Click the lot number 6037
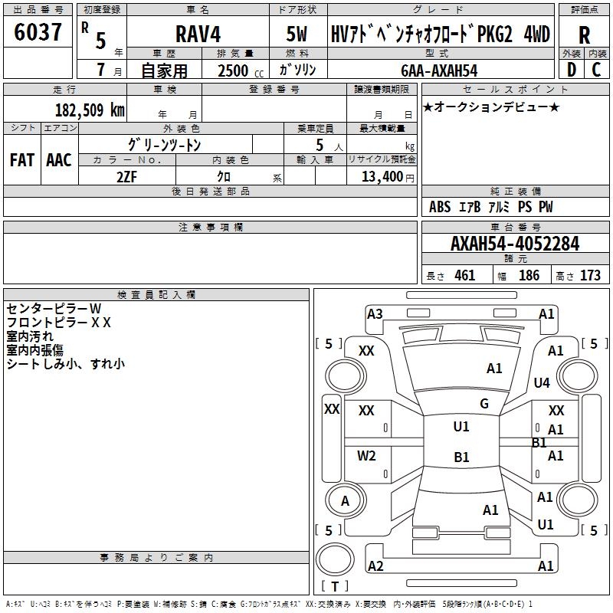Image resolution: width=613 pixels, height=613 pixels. coord(38,33)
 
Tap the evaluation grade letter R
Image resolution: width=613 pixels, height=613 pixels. coord(585,35)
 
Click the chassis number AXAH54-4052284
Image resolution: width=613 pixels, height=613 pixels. coord(514,244)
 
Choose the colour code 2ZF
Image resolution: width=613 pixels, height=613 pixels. coord(126,175)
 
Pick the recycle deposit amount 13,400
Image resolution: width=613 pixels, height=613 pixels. coord(382,175)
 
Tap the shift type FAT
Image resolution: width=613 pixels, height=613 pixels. coord(21,159)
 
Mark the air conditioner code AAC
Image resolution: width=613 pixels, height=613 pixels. coord(59,159)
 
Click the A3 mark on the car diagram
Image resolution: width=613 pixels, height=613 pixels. coord(375,313)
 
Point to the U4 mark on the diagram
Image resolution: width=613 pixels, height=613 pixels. coord(542,382)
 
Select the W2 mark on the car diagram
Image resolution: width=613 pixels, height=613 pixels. coord(367,456)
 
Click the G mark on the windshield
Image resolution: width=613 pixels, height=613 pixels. coord(484,404)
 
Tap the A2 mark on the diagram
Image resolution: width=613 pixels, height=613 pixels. coord(375,566)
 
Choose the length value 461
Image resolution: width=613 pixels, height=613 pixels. coord(464,276)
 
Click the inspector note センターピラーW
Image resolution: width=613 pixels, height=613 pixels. coord(54,308)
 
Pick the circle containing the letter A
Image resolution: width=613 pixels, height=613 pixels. coord(344,501)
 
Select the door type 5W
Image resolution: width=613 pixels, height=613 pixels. coord(297,34)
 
